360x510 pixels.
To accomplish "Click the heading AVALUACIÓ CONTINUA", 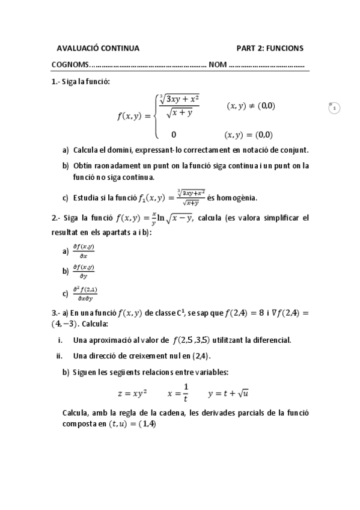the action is coord(97,48).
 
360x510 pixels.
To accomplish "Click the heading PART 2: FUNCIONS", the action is coord(270,48).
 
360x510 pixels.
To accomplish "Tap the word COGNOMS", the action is coord(69,65).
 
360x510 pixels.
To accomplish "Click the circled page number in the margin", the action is coord(334,108).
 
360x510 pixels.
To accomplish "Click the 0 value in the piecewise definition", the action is coord(174,135).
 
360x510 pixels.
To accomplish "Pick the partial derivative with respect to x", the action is coord(84,251).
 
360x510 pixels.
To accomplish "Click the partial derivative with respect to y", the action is coord(84,271).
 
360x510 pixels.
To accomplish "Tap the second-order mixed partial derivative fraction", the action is coord(86,293).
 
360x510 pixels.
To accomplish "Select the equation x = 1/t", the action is coord(178,393).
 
